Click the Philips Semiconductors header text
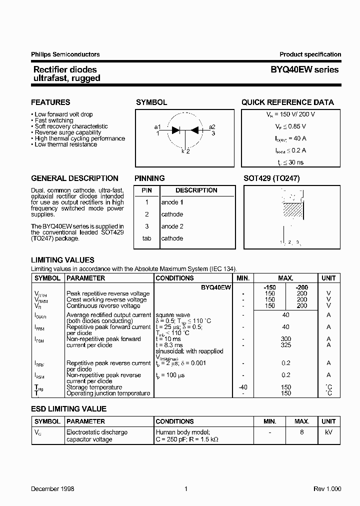pos(65,54)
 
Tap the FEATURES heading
pos(50,102)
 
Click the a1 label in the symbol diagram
pos(157,126)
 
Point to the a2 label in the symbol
pos(212,126)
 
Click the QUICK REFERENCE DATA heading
pos(287,102)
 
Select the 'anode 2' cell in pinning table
pos(172,226)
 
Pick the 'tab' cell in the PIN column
pos(146,238)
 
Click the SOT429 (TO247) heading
pos(271,178)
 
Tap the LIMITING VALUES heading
pos(62,260)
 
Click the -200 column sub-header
pos(302,287)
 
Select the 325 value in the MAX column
pos(286,345)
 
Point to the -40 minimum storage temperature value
pos(242,387)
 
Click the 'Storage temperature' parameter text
pos(94,387)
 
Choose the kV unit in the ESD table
pos(328,432)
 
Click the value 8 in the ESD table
pos(302,432)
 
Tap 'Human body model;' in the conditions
pos(179,432)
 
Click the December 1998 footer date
pos(52,488)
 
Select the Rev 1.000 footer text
pos(327,488)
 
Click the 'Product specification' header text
pos(310,54)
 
